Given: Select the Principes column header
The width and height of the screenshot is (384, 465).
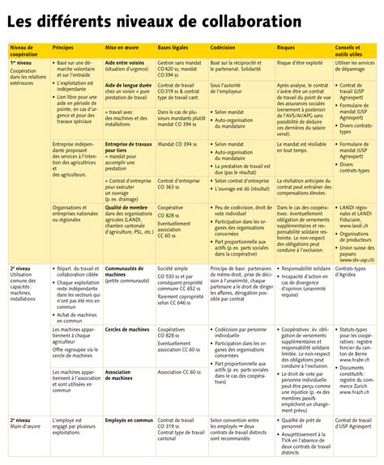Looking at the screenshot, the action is click(x=64, y=49).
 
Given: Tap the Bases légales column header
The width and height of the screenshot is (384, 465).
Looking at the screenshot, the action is click(x=175, y=49).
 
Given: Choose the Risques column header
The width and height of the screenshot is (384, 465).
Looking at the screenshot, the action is click(x=286, y=49).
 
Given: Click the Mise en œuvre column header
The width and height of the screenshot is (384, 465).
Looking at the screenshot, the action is click(x=122, y=49).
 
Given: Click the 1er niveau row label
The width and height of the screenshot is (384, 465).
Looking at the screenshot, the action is click(x=22, y=62).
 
